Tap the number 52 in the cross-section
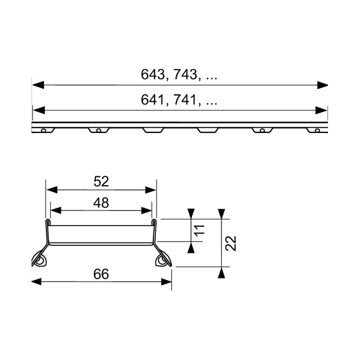pos(101,181)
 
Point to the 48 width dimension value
pos(101,202)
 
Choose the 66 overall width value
pos(101,273)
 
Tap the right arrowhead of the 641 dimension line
pos(323,110)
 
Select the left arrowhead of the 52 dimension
pos(50,189)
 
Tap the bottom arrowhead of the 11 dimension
pos(191,246)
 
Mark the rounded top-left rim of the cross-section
pos(48,220)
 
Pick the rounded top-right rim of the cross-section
pos(154,220)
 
